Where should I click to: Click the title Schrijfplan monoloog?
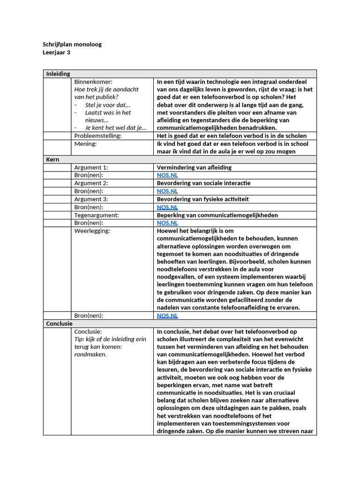pyautogui.click(x=72, y=45)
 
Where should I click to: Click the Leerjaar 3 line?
pyautogui.click(x=57, y=52)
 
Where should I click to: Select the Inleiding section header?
pyautogui.click(x=58, y=74)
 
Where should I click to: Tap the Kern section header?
pyautogui.click(x=52, y=159)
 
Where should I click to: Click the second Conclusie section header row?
pyautogui.click(x=59, y=323)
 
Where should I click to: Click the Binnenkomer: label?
pyautogui.click(x=93, y=82)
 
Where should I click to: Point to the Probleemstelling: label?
pyautogui.click(x=97, y=136)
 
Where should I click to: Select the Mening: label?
pyautogui.click(x=85, y=144)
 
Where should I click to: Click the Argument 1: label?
pyautogui.click(x=91, y=167)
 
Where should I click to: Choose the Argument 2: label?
pyautogui.click(x=91, y=183)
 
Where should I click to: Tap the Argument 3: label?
pyautogui.click(x=91, y=199)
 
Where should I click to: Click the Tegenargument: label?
pyautogui.click(x=96, y=215)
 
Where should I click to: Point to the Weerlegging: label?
pyautogui.click(x=92, y=231)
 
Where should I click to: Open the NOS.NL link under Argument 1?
pyautogui.click(x=167, y=175)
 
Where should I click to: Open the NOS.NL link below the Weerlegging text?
pyautogui.click(x=167, y=315)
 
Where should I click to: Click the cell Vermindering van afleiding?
pyautogui.click(x=194, y=167)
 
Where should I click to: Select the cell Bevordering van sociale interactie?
pyautogui.click(x=203, y=183)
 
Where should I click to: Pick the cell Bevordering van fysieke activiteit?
pyautogui.click(x=202, y=199)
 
